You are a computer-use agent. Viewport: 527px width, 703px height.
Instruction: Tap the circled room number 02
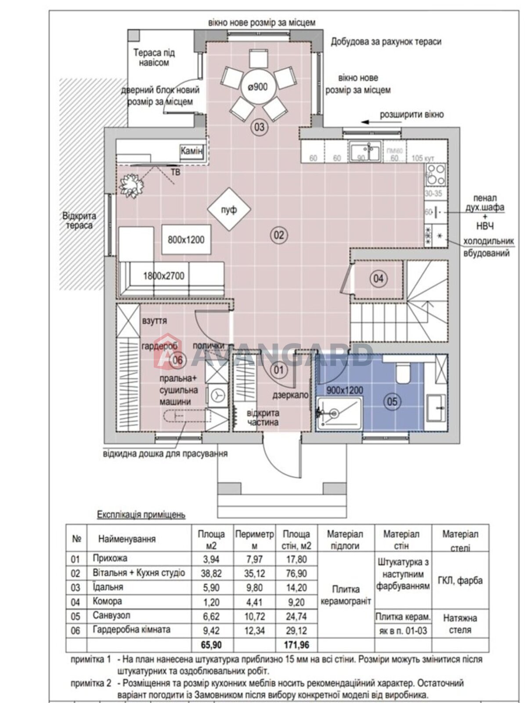[x=279, y=235]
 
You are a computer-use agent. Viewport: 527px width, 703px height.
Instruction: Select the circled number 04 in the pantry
[x=378, y=278]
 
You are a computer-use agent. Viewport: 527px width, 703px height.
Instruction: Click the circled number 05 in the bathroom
[x=392, y=401]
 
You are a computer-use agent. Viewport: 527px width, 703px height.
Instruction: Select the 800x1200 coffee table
[x=186, y=239]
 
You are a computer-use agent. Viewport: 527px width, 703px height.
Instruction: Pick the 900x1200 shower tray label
[x=345, y=390]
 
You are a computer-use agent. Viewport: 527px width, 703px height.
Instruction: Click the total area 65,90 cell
[x=211, y=645]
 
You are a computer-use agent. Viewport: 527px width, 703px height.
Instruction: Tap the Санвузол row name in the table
[x=111, y=616]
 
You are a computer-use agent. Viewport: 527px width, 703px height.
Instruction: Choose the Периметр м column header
[x=254, y=540]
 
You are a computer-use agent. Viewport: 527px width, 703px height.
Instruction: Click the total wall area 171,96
[x=296, y=645]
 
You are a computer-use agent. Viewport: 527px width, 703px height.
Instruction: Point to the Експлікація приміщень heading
[x=141, y=515]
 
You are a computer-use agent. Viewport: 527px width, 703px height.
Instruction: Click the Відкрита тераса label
[x=79, y=221]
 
